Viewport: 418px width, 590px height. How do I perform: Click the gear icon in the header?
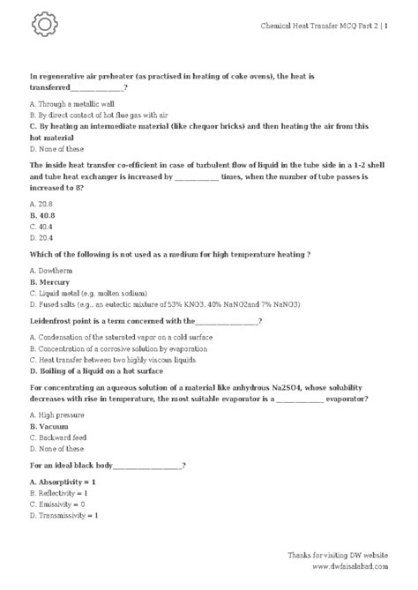tap(43, 26)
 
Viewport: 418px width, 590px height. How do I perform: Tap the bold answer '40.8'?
tap(42, 214)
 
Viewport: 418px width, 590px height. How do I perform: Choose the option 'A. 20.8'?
tap(41, 203)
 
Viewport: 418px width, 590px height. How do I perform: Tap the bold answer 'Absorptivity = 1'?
tap(63, 482)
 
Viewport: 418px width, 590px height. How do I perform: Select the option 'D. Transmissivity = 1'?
tap(64, 515)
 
